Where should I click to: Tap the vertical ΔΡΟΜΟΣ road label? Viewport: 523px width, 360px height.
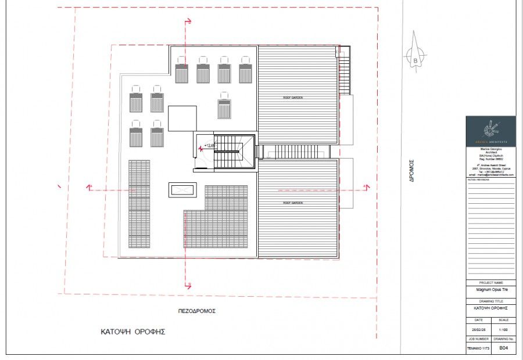411,172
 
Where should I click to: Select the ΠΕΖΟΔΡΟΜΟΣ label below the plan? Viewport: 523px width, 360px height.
196,311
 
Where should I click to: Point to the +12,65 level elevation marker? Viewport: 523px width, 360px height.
209,146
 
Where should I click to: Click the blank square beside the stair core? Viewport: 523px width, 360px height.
182,118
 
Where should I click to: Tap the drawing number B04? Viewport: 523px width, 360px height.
504,348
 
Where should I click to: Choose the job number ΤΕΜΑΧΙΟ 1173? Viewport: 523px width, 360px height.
478,348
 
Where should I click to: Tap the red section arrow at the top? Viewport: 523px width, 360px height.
187,21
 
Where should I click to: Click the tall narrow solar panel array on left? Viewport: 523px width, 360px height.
139,203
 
